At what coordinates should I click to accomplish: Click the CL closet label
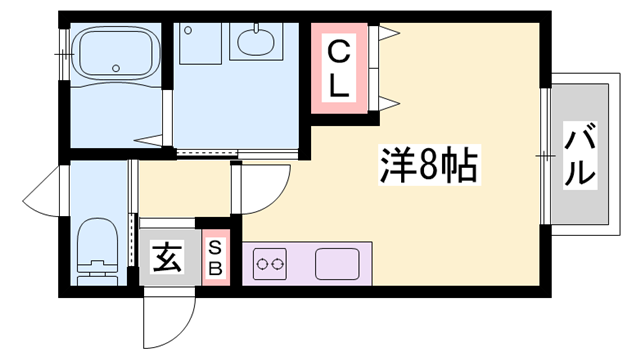pyautogui.click(x=339, y=67)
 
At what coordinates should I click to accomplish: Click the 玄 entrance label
pyautogui.click(x=167, y=260)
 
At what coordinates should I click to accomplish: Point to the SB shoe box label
pyautogui.click(x=215, y=259)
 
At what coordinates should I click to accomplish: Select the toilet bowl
pyautogui.click(x=98, y=250)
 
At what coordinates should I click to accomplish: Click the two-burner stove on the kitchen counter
pyautogui.click(x=270, y=265)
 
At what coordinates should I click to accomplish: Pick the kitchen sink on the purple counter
pyautogui.click(x=337, y=265)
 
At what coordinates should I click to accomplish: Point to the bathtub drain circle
pyautogui.click(x=117, y=69)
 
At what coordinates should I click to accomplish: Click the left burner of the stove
pyautogui.click(x=263, y=265)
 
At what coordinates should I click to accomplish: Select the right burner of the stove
pyautogui.click(x=277, y=265)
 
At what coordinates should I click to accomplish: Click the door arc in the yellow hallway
pyautogui.click(x=262, y=183)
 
